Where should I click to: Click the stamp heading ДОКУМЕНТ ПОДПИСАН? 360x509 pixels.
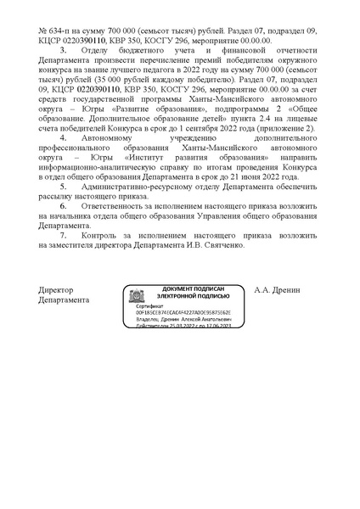click(196, 290)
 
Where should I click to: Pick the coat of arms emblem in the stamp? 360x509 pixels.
click(135, 296)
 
